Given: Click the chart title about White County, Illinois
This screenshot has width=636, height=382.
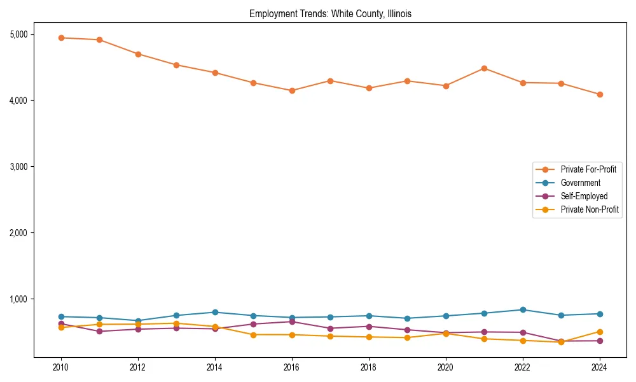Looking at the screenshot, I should [330, 14].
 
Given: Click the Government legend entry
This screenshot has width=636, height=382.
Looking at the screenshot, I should [580, 183].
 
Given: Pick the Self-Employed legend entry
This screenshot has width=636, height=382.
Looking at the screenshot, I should [584, 196].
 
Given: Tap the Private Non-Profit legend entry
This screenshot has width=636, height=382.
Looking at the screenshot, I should [590, 209].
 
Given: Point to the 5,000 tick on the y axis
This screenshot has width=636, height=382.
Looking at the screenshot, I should [22, 34].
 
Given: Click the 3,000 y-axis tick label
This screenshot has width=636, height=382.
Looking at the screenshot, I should [22, 167].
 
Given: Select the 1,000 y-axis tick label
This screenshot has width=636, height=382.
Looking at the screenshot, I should [22, 299].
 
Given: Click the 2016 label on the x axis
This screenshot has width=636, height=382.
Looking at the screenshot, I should [292, 367].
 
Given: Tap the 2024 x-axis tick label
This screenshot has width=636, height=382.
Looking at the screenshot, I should [599, 367].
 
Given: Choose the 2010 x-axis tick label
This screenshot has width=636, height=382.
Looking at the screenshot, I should [61, 367].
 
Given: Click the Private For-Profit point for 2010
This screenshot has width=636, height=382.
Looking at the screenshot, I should [61, 38].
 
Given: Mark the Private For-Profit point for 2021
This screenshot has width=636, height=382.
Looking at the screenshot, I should [484, 68].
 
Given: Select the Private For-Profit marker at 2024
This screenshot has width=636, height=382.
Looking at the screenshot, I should [599, 94].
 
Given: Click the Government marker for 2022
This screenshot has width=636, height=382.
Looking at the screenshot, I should [523, 309].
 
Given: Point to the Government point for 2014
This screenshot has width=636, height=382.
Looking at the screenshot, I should [215, 312].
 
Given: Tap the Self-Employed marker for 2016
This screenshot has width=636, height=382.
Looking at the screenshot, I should [292, 322].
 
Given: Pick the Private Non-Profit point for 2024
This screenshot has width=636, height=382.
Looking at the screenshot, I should [599, 332].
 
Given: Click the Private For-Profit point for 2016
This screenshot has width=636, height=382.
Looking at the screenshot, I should [292, 90].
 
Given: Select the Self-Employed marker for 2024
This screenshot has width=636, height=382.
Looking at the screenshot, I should [599, 341].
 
